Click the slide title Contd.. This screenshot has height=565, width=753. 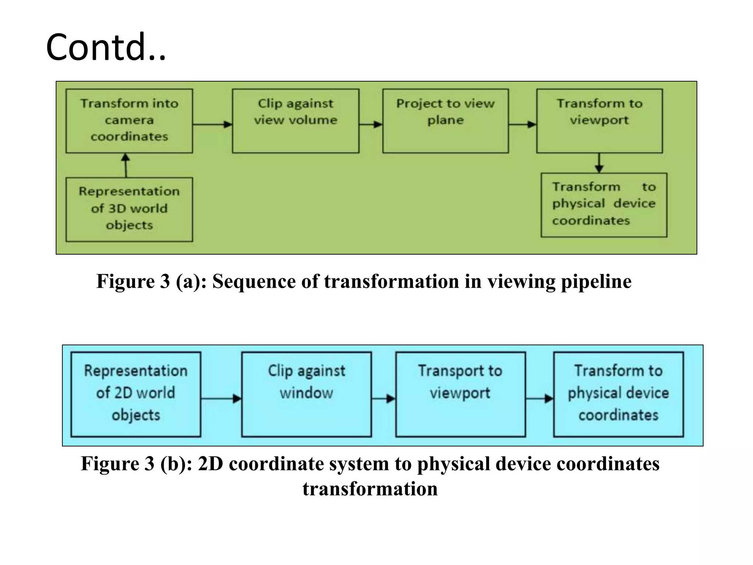(106, 47)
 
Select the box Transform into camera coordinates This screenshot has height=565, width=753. (129, 121)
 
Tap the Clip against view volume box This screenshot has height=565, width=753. (296, 121)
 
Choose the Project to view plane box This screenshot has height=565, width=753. (445, 121)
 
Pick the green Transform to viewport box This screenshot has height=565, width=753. (599, 121)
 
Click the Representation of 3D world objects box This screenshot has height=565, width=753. (129, 209)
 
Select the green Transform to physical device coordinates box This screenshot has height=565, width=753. (604, 205)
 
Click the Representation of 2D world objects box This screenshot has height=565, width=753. (136, 394)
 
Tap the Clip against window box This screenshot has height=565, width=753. (306, 394)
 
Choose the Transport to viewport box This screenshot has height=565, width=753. (460, 394)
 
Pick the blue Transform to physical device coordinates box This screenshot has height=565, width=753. (618, 394)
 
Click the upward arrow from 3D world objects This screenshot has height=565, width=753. (126, 165)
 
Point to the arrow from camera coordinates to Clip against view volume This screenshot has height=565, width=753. (213, 124)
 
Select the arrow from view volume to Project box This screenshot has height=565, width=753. (371, 124)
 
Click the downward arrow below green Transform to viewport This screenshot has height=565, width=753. (599, 163)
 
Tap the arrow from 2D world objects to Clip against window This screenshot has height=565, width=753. (221, 398)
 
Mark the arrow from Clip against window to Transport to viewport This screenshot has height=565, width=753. (383, 398)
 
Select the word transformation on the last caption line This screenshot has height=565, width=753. (370, 489)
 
